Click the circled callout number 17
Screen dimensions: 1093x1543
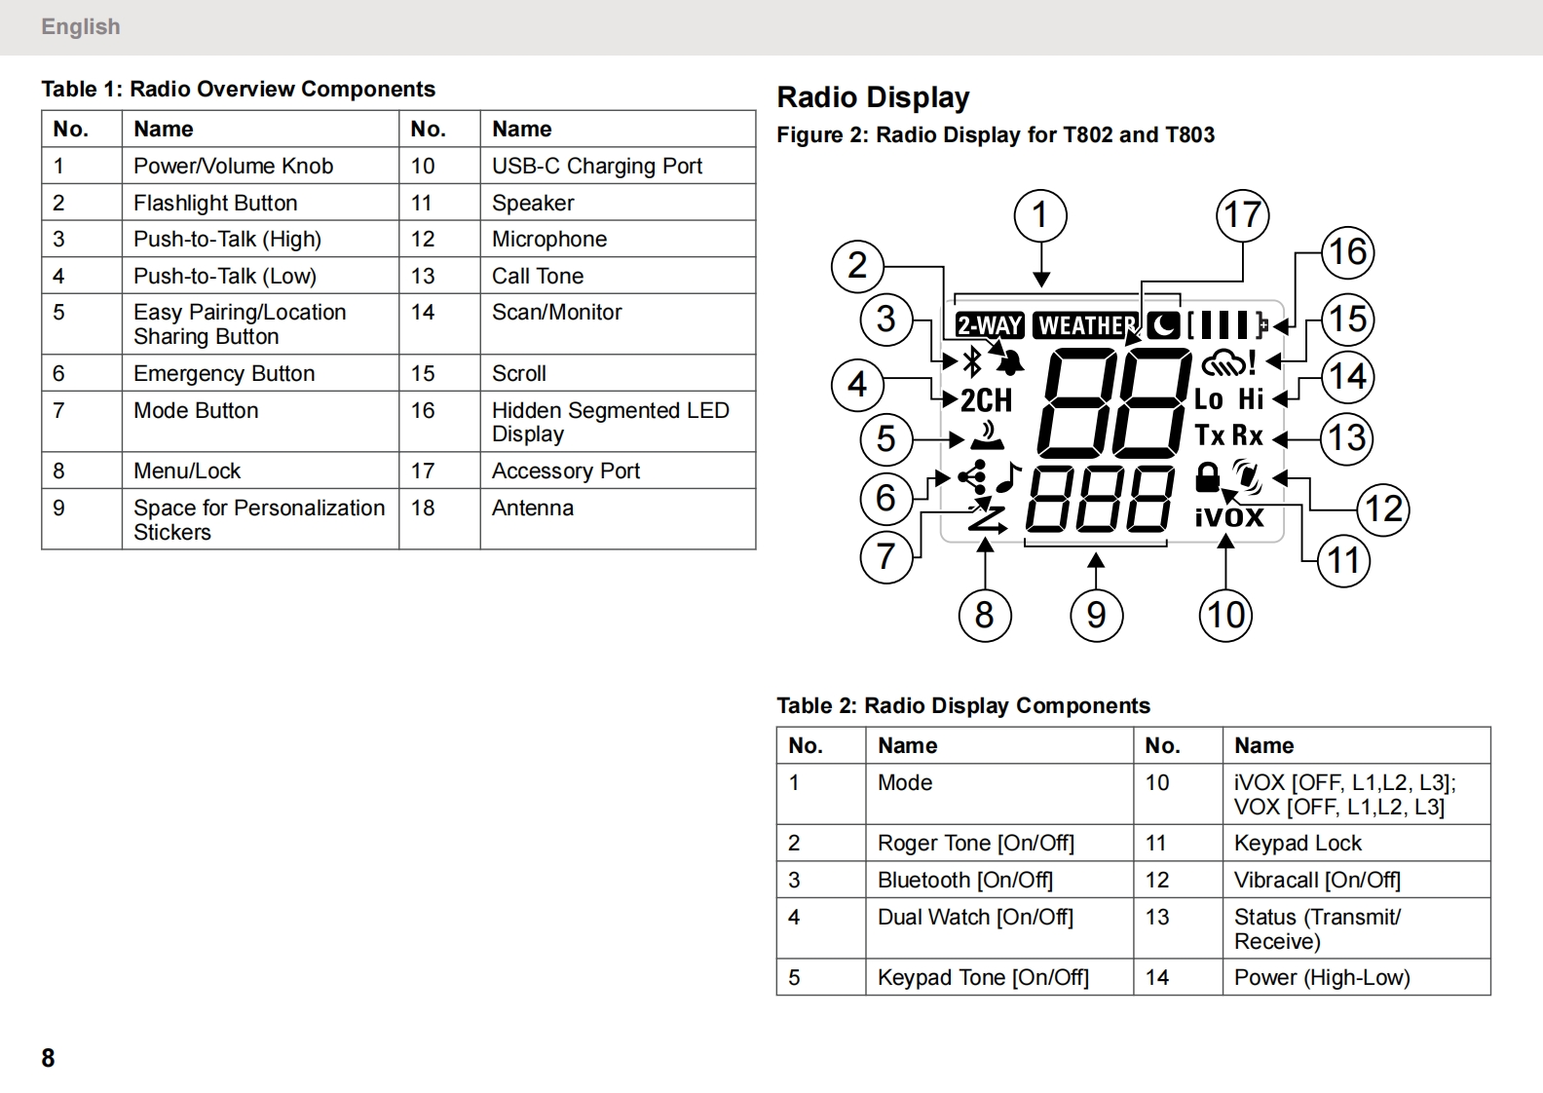1242,215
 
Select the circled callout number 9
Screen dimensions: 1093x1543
1096,615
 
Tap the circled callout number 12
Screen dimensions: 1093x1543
1383,509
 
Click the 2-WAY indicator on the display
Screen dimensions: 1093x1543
989,325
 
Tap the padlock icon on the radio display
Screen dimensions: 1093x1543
1207,477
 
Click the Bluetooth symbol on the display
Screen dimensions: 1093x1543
971,362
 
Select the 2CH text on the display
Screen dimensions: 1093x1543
986,399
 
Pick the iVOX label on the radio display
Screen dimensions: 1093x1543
1229,516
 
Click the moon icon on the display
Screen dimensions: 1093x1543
1163,325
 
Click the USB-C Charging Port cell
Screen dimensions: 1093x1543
596,166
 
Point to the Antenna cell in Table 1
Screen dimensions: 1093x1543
533,508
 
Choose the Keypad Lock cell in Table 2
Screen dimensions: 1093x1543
1298,843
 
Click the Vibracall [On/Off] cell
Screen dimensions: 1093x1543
1317,880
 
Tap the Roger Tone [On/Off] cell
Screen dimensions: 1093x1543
975,843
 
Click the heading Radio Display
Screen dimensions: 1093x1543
873,97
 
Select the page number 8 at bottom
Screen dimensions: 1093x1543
48,1058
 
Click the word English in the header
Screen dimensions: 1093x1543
81,26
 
